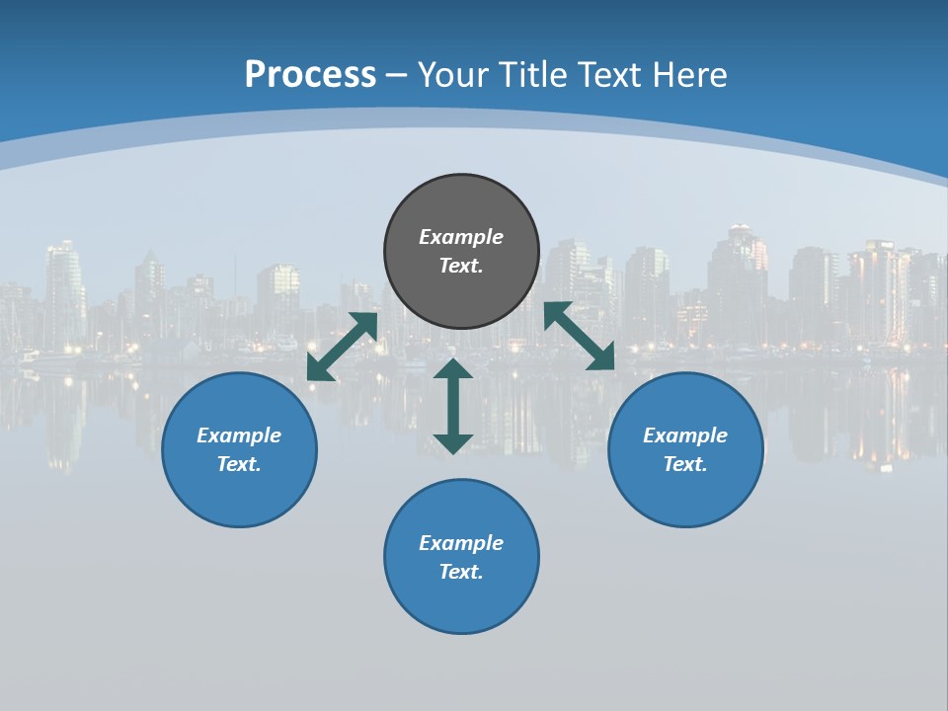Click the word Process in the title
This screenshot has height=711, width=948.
(x=310, y=75)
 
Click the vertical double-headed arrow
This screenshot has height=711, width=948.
(x=453, y=406)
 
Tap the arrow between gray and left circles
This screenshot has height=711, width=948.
(x=342, y=347)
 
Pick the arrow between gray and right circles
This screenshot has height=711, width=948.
(x=580, y=336)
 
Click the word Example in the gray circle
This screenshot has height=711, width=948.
(x=461, y=237)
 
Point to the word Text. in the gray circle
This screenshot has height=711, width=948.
(x=461, y=266)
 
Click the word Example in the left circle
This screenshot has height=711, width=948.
(x=239, y=435)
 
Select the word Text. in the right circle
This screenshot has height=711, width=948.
(x=685, y=464)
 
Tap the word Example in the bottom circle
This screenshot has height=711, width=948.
(x=461, y=543)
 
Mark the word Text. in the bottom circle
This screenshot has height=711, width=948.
(x=461, y=572)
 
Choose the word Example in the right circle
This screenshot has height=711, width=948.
(x=685, y=435)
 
